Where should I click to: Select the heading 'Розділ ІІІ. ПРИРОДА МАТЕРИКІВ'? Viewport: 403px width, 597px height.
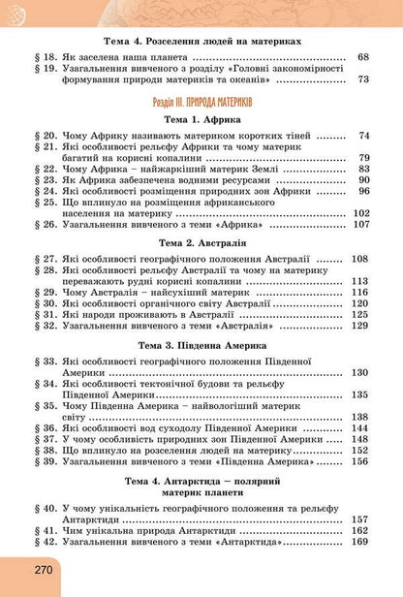[x=201, y=101]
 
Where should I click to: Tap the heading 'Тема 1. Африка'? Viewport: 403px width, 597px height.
[x=201, y=118]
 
